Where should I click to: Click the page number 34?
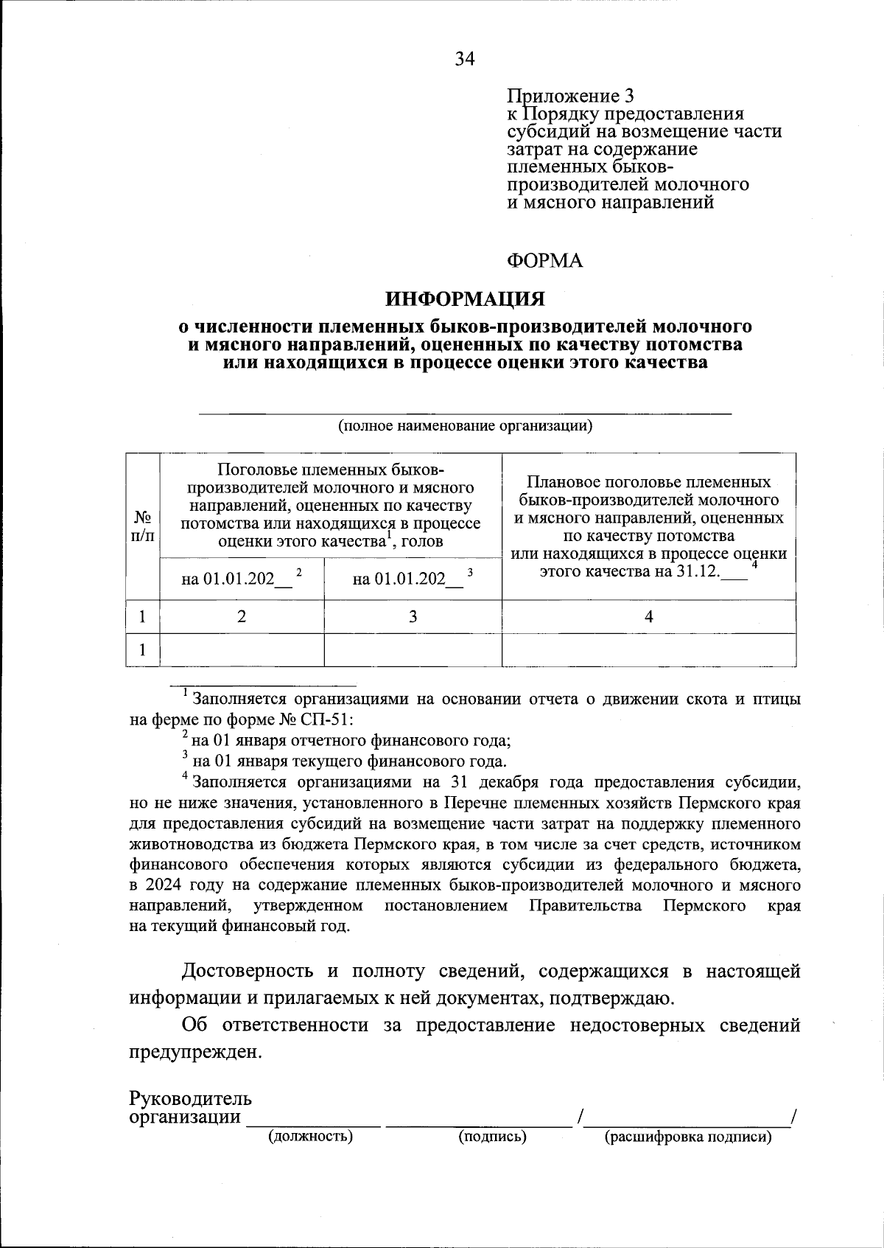click(x=465, y=59)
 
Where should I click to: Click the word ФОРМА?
click(x=545, y=261)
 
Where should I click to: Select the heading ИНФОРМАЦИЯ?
click(x=465, y=299)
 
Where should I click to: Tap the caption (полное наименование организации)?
click(x=465, y=426)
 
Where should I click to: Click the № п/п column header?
click(x=142, y=526)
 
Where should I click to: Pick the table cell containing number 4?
click(x=648, y=616)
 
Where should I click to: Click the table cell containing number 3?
click(x=413, y=616)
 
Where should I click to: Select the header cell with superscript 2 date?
click(x=242, y=578)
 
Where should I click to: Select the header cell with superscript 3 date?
click(x=413, y=578)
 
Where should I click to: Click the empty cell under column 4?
click(x=648, y=649)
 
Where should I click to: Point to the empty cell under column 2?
click(x=242, y=649)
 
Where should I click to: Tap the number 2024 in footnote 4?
click(x=172, y=885)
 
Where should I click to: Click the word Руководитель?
click(x=190, y=1098)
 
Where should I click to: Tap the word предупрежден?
click(x=195, y=1052)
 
